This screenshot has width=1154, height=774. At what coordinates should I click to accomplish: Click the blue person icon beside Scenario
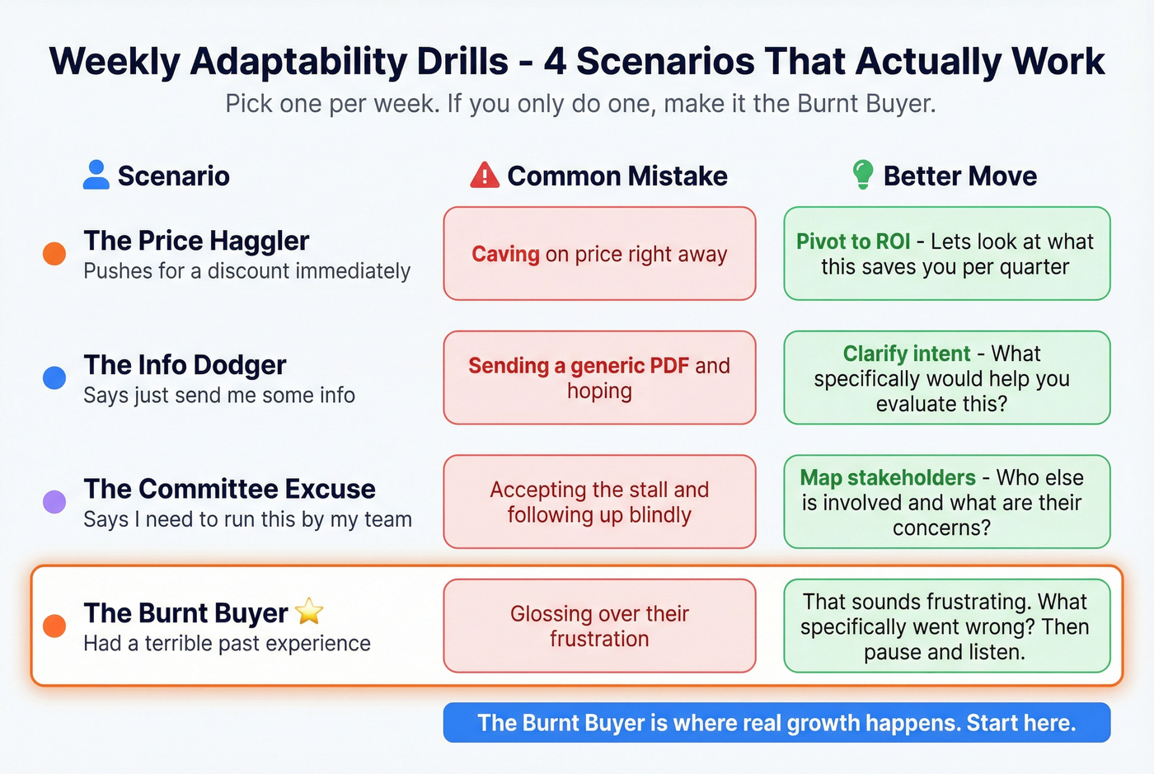pyautogui.click(x=96, y=175)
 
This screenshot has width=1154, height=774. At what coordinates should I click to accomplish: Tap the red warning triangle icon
pyautogui.click(x=485, y=176)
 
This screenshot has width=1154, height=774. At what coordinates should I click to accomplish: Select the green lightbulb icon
pyautogui.click(x=862, y=175)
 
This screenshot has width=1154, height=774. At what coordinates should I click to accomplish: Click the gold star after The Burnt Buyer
pyautogui.click(x=309, y=612)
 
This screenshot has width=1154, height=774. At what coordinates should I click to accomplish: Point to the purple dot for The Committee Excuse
pyautogui.click(x=54, y=501)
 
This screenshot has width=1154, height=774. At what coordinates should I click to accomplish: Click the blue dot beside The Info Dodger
pyautogui.click(x=54, y=378)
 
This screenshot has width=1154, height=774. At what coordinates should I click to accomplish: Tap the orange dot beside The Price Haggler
pyautogui.click(x=54, y=253)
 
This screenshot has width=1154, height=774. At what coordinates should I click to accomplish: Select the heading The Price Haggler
pyautogui.click(x=196, y=241)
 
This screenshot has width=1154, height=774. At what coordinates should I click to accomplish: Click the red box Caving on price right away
pyautogui.click(x=599, y=254)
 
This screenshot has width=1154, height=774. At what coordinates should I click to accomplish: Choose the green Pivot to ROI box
pyautogui.click(x=946, y=254)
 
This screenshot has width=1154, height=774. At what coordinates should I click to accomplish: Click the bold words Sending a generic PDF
pyautogui.click(x=578, y=365)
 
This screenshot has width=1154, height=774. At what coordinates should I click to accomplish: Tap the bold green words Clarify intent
pyautogui.click(x=906, y=354)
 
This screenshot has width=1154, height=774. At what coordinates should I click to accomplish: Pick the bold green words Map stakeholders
pyautogui.click(x=888, y=478)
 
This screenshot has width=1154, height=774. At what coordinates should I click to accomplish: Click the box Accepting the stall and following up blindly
pyautogui.click(x=599, y=502)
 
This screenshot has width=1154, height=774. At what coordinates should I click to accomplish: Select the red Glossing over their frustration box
pyautogui.click(x=599, y=626)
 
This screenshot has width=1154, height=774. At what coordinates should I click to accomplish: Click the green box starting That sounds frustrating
pyautogui.click(x=946, y=626)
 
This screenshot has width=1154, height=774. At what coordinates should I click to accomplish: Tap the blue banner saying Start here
pyautogui.click(x=776, y=723)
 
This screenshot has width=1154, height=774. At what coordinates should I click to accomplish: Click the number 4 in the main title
pyautogui.click(x=555, y=62)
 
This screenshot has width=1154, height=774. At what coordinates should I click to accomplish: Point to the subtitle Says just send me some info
pyautogui.click(x=219, y=396)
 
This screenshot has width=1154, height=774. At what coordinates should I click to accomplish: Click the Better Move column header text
pyautogui.click(x=959, y=176)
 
